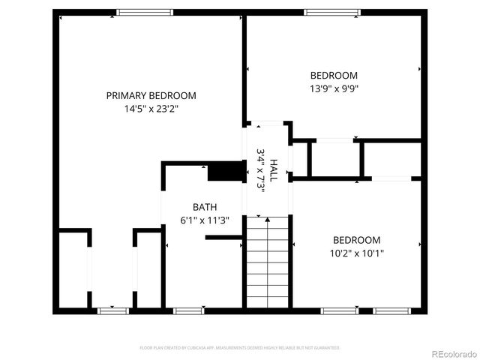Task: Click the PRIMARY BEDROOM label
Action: coord(151,95)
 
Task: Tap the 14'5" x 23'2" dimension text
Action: coord(151,109)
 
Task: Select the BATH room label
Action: coord(204,207)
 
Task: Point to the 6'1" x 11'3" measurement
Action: coord(204,220)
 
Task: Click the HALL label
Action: coord(274,171)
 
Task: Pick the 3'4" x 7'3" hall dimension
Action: coord(261,171)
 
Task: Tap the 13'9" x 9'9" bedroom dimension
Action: coord(334,88)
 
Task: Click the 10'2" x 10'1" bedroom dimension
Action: coord(356,253)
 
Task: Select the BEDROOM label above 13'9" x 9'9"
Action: coord(334,75)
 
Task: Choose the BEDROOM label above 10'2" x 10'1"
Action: coord(356,240)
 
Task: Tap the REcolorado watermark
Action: coord(452,353)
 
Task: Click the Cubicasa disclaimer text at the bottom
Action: coord(240,348)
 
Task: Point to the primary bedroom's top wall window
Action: coord(145,12)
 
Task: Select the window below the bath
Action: coord(189,310)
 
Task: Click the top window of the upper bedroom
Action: coord(331,12)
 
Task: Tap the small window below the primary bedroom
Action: coord(112,310)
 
